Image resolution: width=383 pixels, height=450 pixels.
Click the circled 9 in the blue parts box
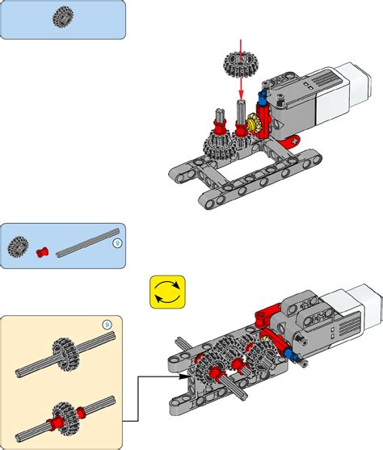(116, 241)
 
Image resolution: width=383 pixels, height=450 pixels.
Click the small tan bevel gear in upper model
(256, 125)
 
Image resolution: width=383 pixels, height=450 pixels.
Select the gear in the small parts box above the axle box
(19, 246)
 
